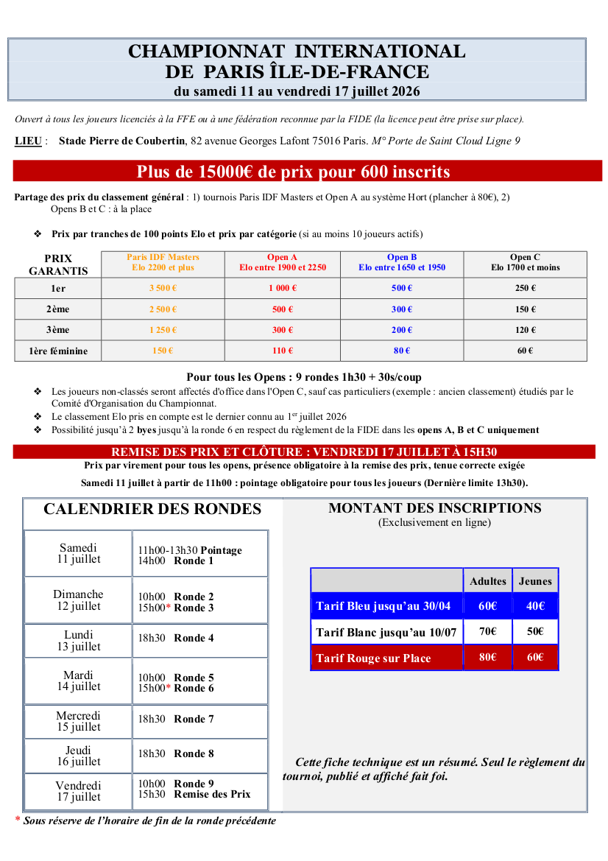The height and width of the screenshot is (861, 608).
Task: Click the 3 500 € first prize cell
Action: point(163,288)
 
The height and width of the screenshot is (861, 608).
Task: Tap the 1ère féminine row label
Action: point(58,351)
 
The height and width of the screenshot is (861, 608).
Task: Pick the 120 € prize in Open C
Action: point(525,330)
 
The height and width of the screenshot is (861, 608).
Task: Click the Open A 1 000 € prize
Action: point(283,288)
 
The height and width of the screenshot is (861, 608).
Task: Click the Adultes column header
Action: point(488,581)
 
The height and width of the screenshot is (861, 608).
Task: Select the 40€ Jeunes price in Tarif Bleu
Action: point(535,606)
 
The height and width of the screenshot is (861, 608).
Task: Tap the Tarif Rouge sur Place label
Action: point(373,658)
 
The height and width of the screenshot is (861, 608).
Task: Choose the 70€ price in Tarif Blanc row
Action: point(487,631)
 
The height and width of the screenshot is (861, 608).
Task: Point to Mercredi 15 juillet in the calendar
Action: point(79,721)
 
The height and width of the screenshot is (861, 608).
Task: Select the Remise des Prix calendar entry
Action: point(212,794)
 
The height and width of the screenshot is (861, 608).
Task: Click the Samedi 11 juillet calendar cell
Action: point(79,553)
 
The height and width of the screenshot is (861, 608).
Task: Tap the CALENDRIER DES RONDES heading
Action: point(152,509)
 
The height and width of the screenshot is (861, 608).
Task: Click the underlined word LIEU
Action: point(28,141)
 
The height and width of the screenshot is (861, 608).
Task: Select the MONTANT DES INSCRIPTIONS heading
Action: point(434,508)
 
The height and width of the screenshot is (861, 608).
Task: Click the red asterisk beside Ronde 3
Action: point(168,607)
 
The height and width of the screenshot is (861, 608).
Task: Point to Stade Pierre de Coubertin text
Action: point(121,141)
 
